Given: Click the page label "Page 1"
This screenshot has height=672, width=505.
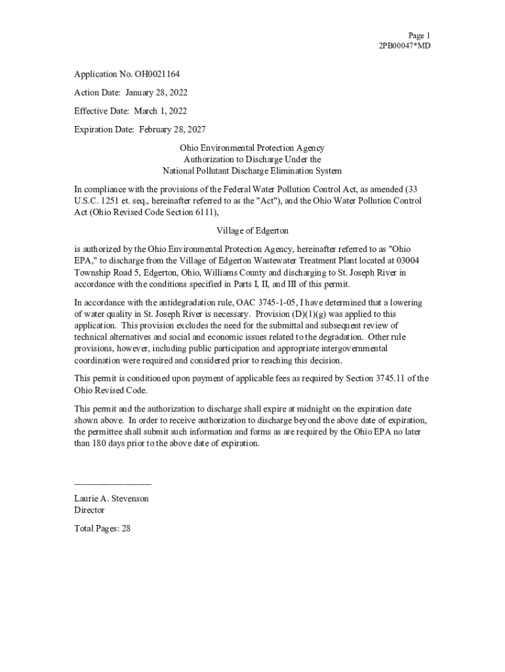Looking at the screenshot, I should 419,35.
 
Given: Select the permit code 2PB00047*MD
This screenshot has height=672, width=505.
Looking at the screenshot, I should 405,46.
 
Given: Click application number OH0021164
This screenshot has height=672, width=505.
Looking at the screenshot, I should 157,74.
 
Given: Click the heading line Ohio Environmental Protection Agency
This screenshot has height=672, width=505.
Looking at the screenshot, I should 252,149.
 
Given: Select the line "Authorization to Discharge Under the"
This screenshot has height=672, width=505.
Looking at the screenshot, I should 252,159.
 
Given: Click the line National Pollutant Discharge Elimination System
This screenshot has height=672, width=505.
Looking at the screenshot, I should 252,171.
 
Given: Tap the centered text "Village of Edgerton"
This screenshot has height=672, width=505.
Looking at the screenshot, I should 252,231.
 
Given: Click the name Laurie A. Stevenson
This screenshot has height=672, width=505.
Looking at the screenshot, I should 111,499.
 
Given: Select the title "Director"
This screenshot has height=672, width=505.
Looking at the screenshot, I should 89,510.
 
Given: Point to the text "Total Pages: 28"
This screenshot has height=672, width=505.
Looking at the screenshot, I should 102,528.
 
